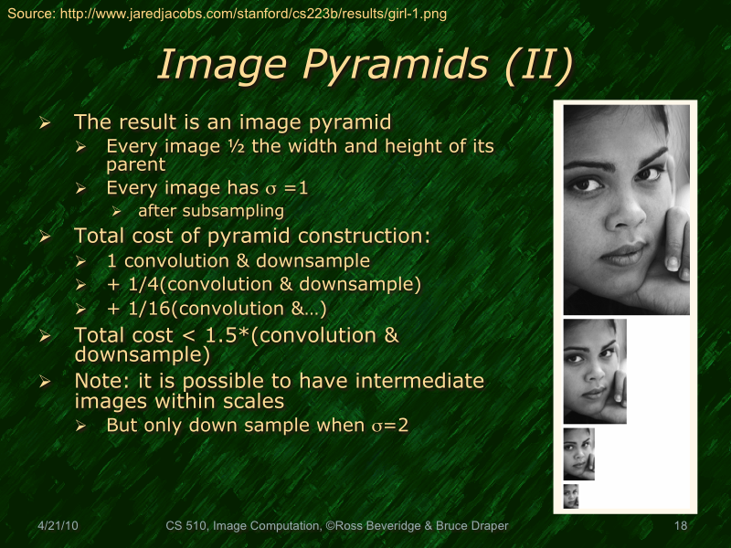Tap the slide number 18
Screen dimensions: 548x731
click(x=680, y=526)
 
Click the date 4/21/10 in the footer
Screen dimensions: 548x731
click(x=58, y=526)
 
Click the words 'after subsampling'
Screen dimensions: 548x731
click(x=211, y=211)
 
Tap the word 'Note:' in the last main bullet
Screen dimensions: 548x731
click(x=103, y=381)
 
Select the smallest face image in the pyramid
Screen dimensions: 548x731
click(x=571, y=496)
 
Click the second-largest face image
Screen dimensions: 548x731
click(x=595, y=371)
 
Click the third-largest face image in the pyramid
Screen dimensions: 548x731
click(x=579, y=454)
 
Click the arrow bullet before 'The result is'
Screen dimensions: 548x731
click(x=44, y=122)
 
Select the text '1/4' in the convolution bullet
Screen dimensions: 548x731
click(x=135, y=285)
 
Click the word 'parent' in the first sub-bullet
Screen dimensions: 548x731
click(x=135, y=165)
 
